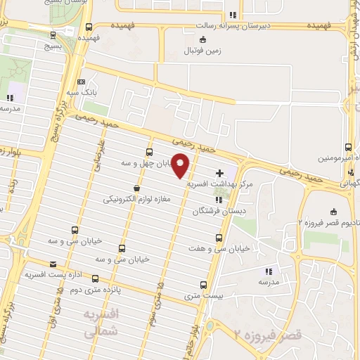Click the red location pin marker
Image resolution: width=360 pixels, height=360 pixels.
(x=181, y=166)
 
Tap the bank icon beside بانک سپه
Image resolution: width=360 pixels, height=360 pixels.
(x=82, y=82)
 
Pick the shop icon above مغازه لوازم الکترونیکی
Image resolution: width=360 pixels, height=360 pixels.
(x=136, y=188)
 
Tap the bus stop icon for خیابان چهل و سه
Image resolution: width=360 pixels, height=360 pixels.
(x=149, y=152)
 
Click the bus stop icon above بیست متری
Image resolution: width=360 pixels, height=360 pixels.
(x=204, y=285)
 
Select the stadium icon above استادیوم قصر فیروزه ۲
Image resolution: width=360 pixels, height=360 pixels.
(x=333, y=212)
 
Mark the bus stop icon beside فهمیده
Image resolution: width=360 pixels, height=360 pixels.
(x=89, y=27)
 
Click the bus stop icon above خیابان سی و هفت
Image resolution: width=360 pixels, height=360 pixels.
(x=219, y=238)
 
